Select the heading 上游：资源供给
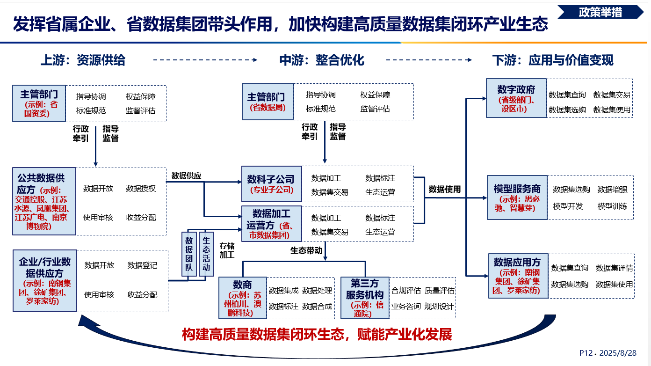coord(83,60)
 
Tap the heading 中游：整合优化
coord(322,60)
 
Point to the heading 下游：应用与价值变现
coord(553,60)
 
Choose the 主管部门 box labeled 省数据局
coord(268,102)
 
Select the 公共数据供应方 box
coord(44,201)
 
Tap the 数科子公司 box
coord(271,184)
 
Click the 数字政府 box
coord(516,98)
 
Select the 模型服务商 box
coord(517,198)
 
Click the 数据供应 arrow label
coord(186,176)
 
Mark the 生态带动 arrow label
coord(306,250)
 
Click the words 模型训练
coord(612,206)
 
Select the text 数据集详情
coord(614,268)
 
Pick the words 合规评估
coord(405,291)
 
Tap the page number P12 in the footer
coord(586,353)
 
